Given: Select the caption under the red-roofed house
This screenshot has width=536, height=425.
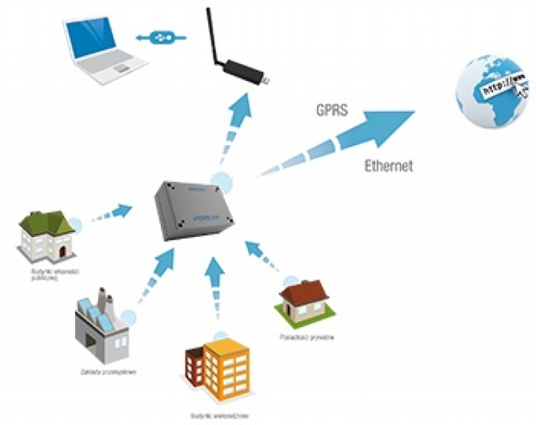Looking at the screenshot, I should click(x=306, y=337).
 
